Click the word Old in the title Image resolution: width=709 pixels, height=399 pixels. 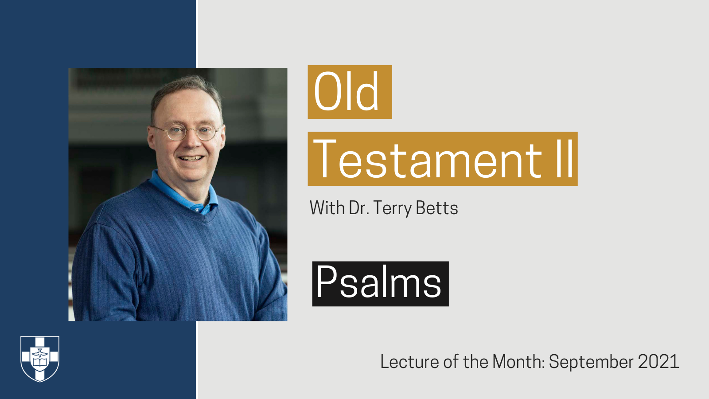[347, 92]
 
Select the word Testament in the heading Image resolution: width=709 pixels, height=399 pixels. [428, 159]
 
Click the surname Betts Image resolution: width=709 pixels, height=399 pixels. [436, 208]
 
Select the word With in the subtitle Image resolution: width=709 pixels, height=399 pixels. [327, 207]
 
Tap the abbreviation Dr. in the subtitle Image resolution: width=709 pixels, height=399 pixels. [359, 208]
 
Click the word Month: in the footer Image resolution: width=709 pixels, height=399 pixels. [518, 362]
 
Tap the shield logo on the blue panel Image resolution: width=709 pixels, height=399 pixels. [40, 358]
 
